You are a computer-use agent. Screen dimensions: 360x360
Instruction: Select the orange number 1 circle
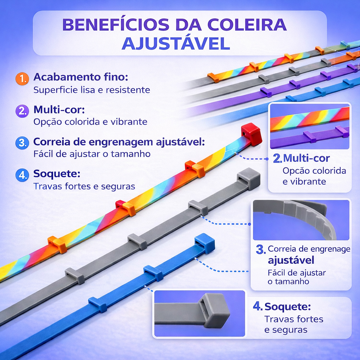point(22,79)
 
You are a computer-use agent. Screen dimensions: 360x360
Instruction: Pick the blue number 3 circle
point(22,143)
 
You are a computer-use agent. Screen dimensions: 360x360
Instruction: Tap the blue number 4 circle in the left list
point(22,175)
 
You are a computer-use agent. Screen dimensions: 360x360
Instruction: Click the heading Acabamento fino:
point(81,77)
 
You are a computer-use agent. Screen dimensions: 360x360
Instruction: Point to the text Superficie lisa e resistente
point(92,90)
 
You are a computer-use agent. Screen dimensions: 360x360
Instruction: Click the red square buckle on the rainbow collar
point(251,134)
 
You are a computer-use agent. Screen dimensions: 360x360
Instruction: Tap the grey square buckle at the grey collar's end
point(249,178)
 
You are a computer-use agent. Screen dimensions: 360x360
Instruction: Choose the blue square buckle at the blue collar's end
point(205,243)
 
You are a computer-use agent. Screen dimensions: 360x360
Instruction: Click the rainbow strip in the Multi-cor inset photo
point(309,119)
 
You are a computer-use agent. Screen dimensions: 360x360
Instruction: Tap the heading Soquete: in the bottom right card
point(288,307)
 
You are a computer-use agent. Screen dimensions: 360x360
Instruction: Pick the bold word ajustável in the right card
point(291,261)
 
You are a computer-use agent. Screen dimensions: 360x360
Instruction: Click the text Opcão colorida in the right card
point(314,171)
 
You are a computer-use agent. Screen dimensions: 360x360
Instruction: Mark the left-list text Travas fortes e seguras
point(84,186)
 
